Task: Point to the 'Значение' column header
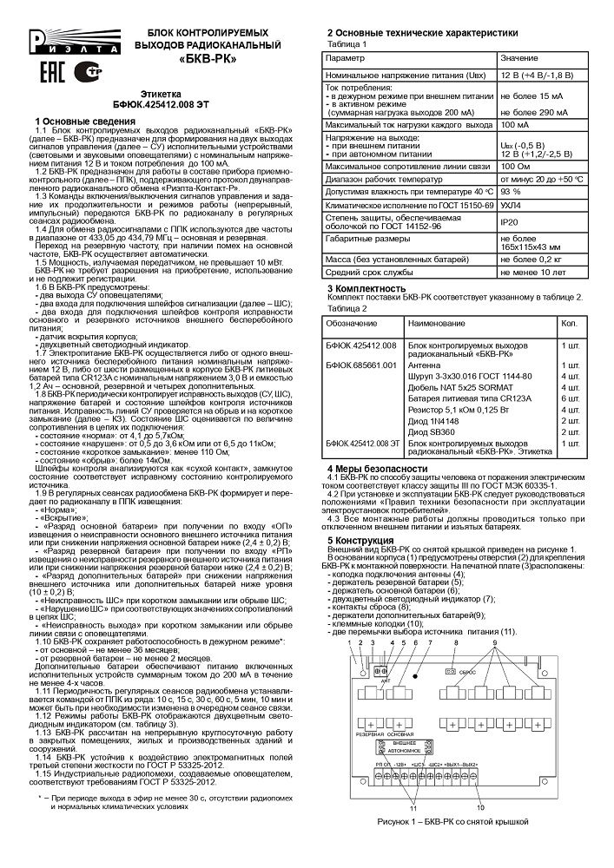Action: coord(518,56)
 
